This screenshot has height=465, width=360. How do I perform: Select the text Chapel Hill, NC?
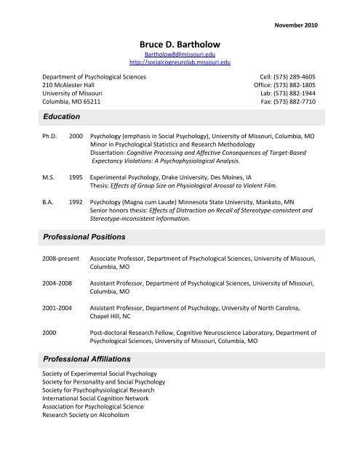coord(113,318)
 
